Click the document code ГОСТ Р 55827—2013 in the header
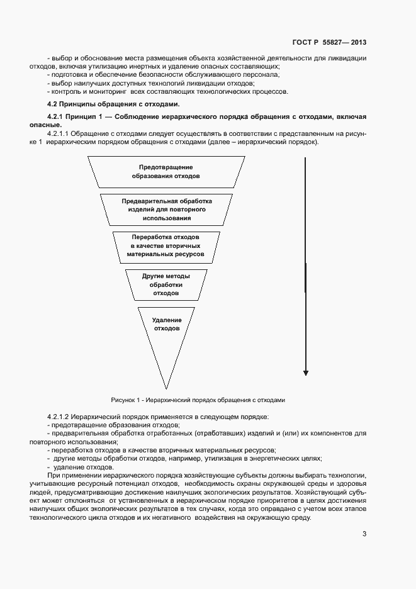pyautogui.click(x=329, y=43)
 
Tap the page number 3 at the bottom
pyautogui.click(x=364, y=534)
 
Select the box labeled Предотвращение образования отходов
pyautogui.click(x=166, y=172)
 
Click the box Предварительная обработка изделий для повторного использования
pyautogui.click(x=166, y=209)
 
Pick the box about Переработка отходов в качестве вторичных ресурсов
pyautogui.click(x=166, y=246)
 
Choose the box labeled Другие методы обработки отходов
pyautogui.click(x=166, y=284)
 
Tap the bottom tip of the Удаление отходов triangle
pyautogui.click(x=166, y=387)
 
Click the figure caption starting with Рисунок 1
pyautogui.click(x=198, y=400)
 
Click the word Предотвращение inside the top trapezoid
pyautogui.click(x=166, y=167)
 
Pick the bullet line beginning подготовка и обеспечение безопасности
pyautogui.click(x=164, y=75)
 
